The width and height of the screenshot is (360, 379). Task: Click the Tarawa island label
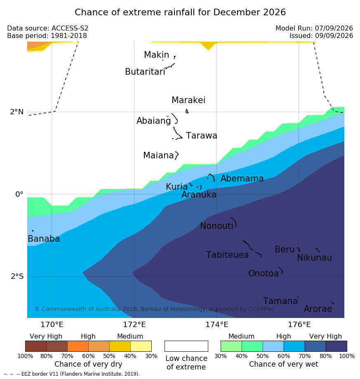201,136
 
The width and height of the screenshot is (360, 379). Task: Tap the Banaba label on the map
44,238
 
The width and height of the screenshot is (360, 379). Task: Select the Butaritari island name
145,71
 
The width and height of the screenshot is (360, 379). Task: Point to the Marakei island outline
187,111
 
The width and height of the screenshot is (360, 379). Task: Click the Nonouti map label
216,226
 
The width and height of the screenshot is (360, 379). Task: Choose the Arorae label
318,308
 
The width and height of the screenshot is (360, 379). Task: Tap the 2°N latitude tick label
17,112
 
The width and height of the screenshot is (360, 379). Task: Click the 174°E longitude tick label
217,325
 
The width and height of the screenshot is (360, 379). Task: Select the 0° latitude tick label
19,194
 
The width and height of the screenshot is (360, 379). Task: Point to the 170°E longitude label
52,325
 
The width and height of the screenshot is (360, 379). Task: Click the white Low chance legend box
186,346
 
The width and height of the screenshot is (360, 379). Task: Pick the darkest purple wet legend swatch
336,346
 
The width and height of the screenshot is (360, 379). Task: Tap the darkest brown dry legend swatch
36,346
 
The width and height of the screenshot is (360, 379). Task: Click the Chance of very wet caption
284,364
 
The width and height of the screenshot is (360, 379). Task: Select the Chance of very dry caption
88,364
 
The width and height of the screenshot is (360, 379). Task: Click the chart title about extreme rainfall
180,12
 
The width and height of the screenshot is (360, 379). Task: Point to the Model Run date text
314,28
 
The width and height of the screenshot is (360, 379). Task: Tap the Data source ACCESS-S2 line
47,28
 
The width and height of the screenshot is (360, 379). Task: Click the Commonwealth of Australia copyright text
154,309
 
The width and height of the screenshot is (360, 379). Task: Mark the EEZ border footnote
72,374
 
